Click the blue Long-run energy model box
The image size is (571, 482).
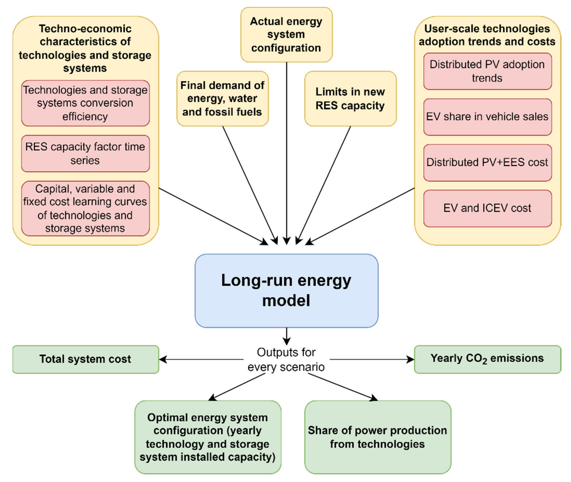286,290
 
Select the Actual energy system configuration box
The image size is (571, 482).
286,35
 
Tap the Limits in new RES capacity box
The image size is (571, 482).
350,99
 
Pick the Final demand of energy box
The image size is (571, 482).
222,99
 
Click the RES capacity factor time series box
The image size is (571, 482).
85,154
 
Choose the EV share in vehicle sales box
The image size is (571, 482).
487,117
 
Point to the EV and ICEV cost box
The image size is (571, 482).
487,208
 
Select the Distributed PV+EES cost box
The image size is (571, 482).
487,163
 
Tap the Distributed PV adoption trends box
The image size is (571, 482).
487,71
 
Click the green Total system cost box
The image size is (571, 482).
85,359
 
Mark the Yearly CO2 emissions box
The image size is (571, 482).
487,359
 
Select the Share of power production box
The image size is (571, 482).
377,437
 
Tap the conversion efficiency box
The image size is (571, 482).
85,103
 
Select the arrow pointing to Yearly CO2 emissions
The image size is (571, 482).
372,359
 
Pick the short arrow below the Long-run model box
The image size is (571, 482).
287,336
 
